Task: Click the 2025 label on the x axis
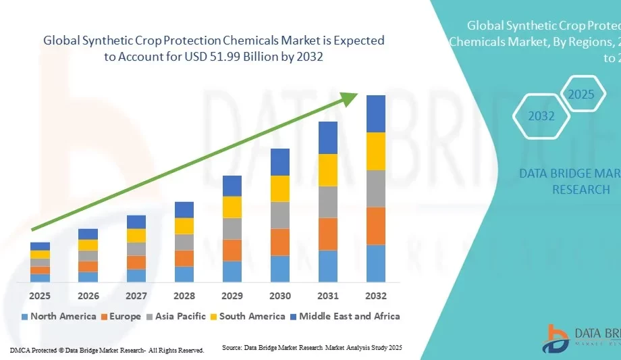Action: tap(40, 296)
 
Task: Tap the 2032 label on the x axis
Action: tap(376, 296)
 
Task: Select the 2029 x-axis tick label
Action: tap(232, 296)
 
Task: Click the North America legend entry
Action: tap(59, 316)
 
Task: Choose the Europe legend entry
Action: tap(121, 316)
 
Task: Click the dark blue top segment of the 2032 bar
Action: tap(376, 113)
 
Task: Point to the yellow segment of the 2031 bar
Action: tap(328, 170)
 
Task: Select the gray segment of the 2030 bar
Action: tap(280, 215)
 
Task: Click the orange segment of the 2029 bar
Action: tap(232, 250)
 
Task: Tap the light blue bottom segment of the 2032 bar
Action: tap(376, 263)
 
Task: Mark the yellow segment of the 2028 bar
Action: tap(184, 226)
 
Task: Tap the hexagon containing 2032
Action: tap(541, 115)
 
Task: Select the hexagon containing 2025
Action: tap(580, 94)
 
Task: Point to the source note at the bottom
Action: tap(312, 347)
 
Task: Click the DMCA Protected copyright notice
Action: tap(107, 350)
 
